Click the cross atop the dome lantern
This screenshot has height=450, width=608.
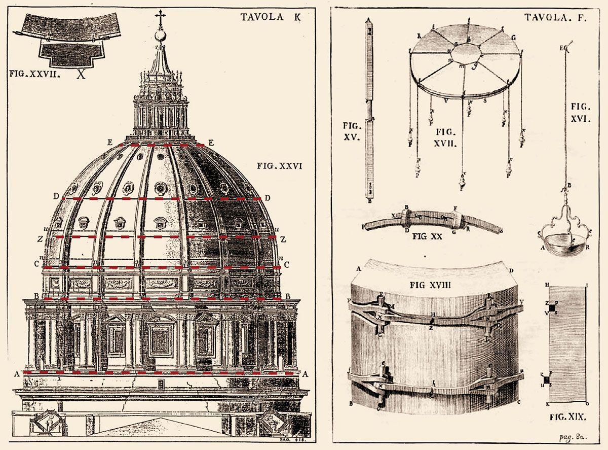point(161,19)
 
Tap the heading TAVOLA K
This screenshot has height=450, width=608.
point(271,17)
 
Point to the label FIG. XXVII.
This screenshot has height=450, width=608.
point(35,73)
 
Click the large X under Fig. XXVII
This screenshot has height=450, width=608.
point(81,75)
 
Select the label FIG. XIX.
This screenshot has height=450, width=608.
point(567,417)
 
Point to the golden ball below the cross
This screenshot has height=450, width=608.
point(161,36)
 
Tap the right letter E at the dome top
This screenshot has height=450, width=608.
point(211,143)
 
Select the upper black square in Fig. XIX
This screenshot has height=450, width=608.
point(552,307)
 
